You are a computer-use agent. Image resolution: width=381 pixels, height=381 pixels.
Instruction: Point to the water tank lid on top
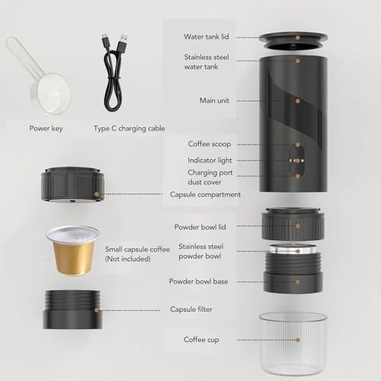[293, 37]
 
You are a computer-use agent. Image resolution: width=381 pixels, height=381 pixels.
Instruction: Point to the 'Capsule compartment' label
[205, 194]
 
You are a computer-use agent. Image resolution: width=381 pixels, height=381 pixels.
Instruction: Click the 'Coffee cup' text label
[201, 339]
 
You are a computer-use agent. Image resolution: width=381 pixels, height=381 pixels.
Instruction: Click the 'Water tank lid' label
[207, 36]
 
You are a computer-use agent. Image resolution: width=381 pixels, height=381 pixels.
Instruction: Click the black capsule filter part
[73, 309]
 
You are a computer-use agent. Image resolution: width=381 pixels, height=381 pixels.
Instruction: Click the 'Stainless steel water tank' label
[207, 61]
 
